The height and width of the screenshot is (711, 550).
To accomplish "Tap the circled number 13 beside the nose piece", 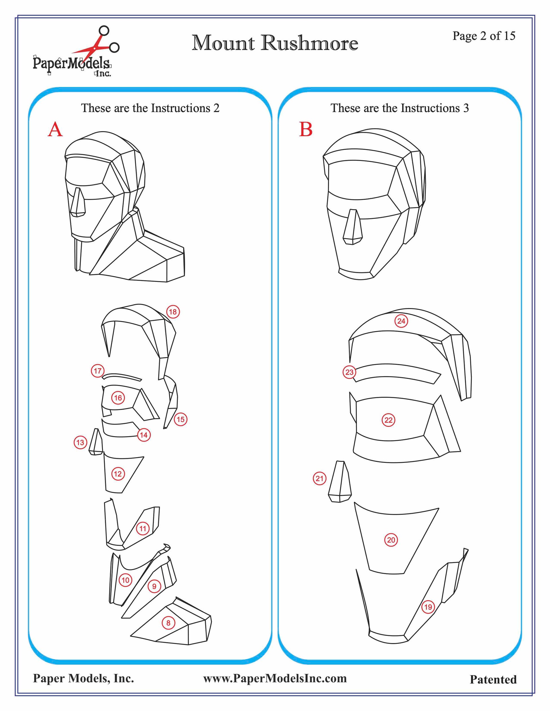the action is pyautogui.click(x=80, y=442).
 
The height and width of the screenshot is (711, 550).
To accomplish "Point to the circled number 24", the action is pyautogui.click(x=401, y=321).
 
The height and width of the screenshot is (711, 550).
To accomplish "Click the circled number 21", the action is pyautogui.click(x=319, y=478).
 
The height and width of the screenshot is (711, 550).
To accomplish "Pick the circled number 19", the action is pyautogui.click(x=428, y=607).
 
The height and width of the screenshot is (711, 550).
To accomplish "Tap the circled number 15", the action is pyautogui.click(x=181, y=419).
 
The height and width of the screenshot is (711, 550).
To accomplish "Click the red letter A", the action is pyautogui.click(x=55, y=129).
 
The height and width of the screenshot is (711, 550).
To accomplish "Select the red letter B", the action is pyautogui.click(x=306, y=129).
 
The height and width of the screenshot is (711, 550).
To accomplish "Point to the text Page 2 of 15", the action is pyautogui.click(x=484, y=36).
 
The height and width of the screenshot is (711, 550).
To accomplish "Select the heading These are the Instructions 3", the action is pyautogui.click(x=400, y=108).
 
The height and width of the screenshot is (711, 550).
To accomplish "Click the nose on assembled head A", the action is pyautogui.click(x=77, y=202).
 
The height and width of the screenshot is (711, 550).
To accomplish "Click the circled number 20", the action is pyautogui.click(x=391, y=540).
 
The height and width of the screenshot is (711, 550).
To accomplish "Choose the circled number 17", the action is pyautogui.click(x=98, y=371).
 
